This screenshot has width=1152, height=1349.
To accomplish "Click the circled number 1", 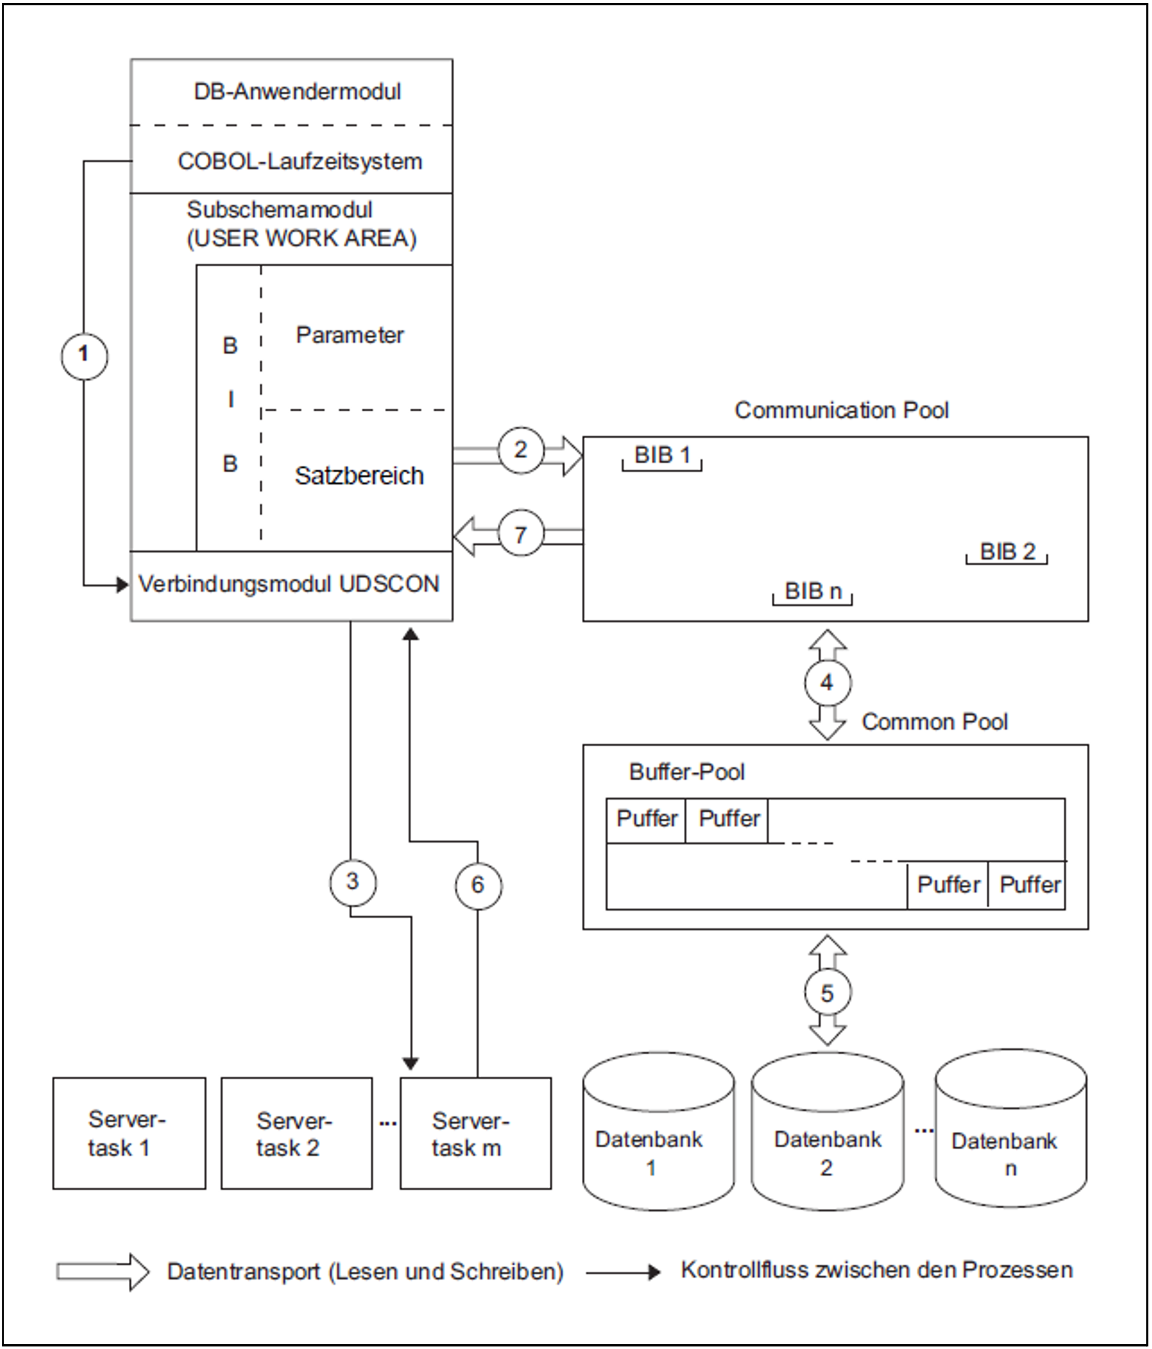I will (x=84, y=356).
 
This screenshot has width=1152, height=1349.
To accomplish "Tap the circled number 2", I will (x=520, y=450).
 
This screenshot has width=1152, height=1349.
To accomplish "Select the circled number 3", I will (x=352, y=882).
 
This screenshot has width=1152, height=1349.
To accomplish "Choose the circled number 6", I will (x=478, y=885).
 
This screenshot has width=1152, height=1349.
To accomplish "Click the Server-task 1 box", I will (x=129, y=1134).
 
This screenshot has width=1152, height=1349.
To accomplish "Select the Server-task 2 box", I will (x=296, y=1134).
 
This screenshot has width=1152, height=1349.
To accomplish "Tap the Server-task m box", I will (x=475, y=1134).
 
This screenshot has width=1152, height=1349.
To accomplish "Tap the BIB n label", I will (x=813, y=591).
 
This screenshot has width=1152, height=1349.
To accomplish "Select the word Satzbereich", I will (x=359, y=476).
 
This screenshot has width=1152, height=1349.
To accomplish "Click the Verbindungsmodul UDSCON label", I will (x=289, y=584).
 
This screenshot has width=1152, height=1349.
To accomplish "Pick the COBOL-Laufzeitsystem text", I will (x=300, y=162).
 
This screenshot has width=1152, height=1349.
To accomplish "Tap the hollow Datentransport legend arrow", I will (x=102, y=1271).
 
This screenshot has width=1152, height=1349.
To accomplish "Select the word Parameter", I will (x=350, y=335).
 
